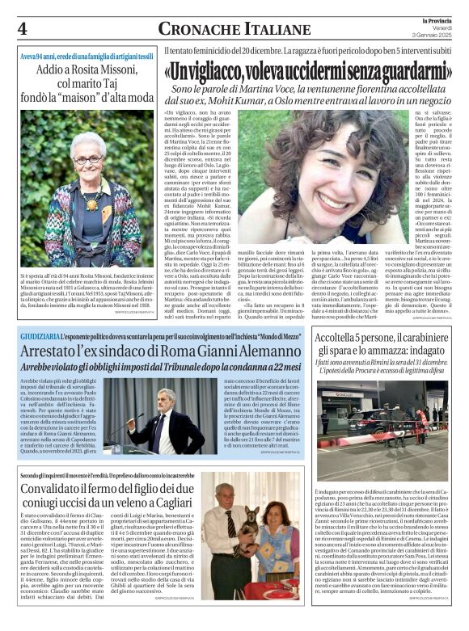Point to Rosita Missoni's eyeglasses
[x=87, y=160]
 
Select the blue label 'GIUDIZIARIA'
[x=40, y=334]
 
